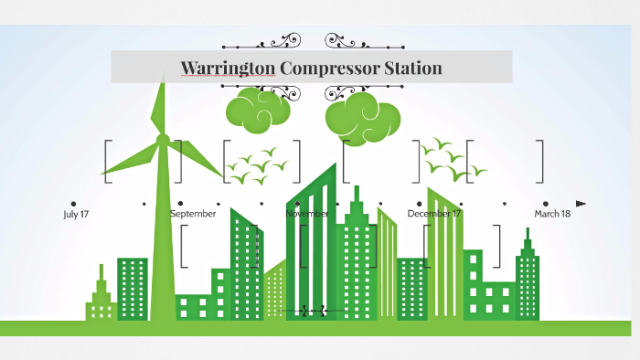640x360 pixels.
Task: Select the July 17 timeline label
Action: click(x=75, y=214)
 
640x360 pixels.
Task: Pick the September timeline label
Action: click(x=193, y=214)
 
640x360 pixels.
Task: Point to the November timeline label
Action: click(x=307, y=214)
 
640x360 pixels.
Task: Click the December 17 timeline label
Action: click(x=434, y=214)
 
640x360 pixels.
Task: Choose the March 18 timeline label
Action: click(x=552, y=214)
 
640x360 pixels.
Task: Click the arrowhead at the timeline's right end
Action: click(x=581, y=203)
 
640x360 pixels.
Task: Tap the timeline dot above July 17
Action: click(x=73, y=203)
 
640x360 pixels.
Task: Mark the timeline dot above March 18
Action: click(x=546, y=203)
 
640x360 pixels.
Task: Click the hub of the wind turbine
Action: click(x=163, y=140)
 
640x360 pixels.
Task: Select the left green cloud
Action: click(x=258, y=108)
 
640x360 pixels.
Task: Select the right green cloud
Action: click(x=362, y=116)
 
